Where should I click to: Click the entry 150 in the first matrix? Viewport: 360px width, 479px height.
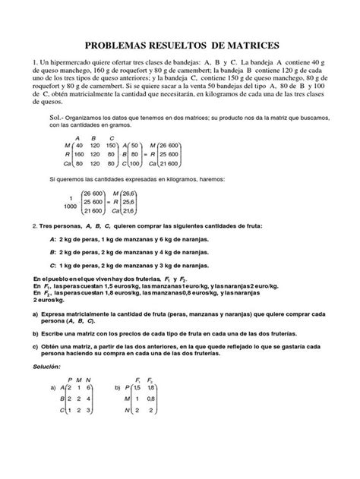pos(112,144)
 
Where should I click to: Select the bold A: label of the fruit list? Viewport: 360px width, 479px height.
pos(51,260)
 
